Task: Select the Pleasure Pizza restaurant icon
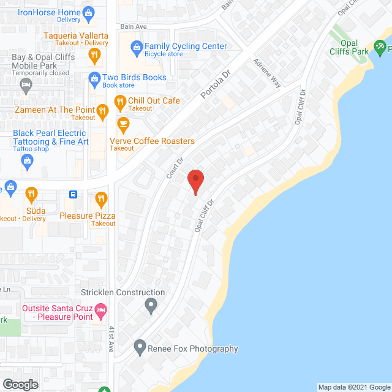pyautogui.click(x=102, y=198)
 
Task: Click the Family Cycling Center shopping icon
pyautogui.click(x=135, y=47)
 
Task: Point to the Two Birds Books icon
pyautogui.click(x=94, y=78)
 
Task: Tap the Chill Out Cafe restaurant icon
pyautogui.click(x=119, y=101)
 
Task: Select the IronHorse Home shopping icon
pyautogui.click(x=89, y=12)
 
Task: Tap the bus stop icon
pyautogui.click(x=73, y=195)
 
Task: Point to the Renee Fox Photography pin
pyautogui.click(x=140, y=349)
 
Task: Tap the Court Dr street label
pyautogui.click(x=175, y=168)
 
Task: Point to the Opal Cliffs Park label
pyautogui.click(x=350, y=48)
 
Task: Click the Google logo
pyautogui.click(x=20, y=385)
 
